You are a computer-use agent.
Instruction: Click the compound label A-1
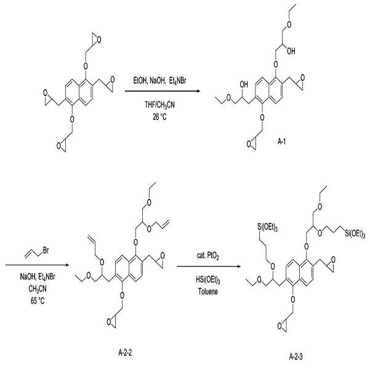pos(281,142)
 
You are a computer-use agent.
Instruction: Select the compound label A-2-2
pos(125,353)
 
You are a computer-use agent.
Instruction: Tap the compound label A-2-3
pos(296,356)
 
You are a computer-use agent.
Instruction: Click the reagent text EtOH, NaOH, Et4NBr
pos(159,81)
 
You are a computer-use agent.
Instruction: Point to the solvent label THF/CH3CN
pos(159,105)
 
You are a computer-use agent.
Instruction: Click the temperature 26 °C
pos(159,116)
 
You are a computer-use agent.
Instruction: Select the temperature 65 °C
pos(38,301)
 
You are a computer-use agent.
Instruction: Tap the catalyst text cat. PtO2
pos(208,255)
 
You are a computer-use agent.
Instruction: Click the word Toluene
pos(208,292)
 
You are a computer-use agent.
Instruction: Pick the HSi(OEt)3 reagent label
pos(208,280)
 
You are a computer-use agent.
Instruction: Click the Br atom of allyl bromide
pos(46,250)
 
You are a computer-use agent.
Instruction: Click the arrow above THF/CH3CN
pos(163,91)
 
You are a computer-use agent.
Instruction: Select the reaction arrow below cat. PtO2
pos(209,267)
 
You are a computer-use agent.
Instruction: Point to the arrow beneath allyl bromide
pos(38,265)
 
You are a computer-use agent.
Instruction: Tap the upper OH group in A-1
pos(291,51)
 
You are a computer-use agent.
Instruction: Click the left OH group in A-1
pos(244,84)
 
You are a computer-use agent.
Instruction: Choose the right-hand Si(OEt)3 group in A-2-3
pos(355,234)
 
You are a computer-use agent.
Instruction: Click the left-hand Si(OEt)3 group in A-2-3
pos(267,228)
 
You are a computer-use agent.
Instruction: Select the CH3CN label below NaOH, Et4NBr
pos(38,289)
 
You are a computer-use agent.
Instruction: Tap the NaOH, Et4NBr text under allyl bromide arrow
pos(38,277)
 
